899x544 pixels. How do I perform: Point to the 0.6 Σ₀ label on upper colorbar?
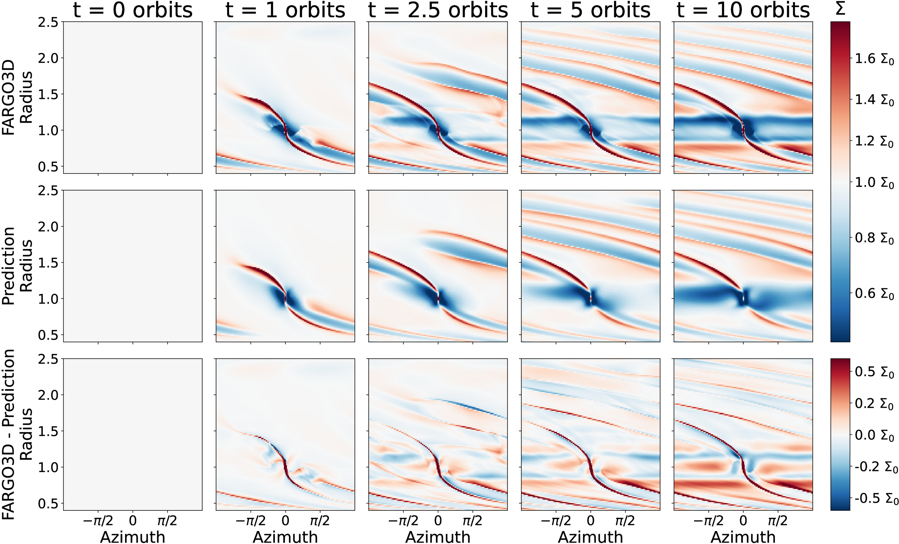point(874,294)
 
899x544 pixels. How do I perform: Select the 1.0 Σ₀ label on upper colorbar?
point(874,182)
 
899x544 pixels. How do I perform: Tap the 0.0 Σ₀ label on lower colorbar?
point(874,435)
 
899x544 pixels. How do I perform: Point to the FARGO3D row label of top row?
point(8,97)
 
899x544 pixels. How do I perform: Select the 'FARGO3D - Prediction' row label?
point(8,434)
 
